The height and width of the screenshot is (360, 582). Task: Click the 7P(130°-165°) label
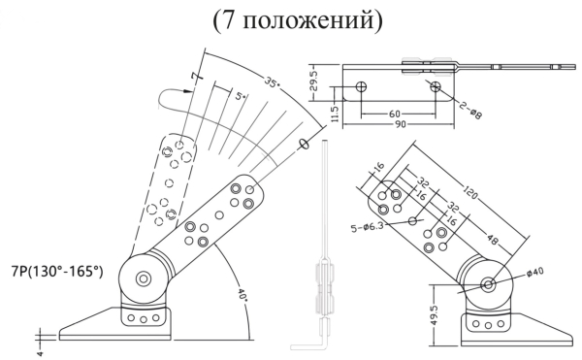56,273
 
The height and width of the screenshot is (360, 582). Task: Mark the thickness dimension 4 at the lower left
39,339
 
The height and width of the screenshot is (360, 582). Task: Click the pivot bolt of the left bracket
144,279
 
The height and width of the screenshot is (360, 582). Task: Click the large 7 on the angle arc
196,76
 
